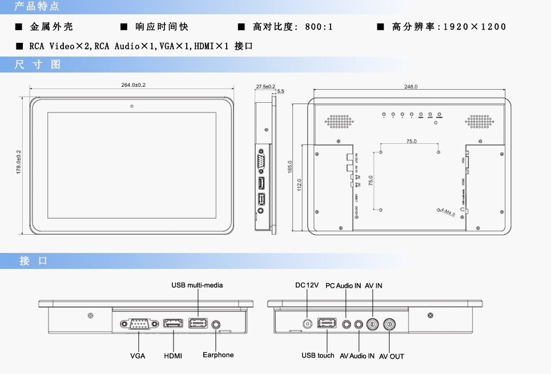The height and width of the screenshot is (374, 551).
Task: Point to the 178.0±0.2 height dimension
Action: [18, 162]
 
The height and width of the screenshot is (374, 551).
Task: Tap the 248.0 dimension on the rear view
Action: [411, 87]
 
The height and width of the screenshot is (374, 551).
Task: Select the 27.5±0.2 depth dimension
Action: [266, 86]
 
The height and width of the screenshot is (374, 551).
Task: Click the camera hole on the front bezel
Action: [132, 106]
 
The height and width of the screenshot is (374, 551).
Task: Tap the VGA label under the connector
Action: [138, 356]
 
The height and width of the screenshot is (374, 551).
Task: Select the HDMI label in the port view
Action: [173, 356]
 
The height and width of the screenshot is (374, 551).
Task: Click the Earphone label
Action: [218, 355]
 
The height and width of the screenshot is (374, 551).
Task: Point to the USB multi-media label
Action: [197, 285]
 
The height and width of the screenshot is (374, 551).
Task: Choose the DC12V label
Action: [307, 285]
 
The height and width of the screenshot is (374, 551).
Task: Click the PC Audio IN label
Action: [343, 285]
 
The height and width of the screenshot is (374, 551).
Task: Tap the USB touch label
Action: [318, 355]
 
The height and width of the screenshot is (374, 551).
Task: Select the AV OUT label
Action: [392, 356]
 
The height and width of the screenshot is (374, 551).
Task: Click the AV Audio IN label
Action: [357, 356]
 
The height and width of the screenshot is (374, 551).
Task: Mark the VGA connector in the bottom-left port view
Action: [137, 324]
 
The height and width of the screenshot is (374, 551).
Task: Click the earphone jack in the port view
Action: [217, 324]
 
